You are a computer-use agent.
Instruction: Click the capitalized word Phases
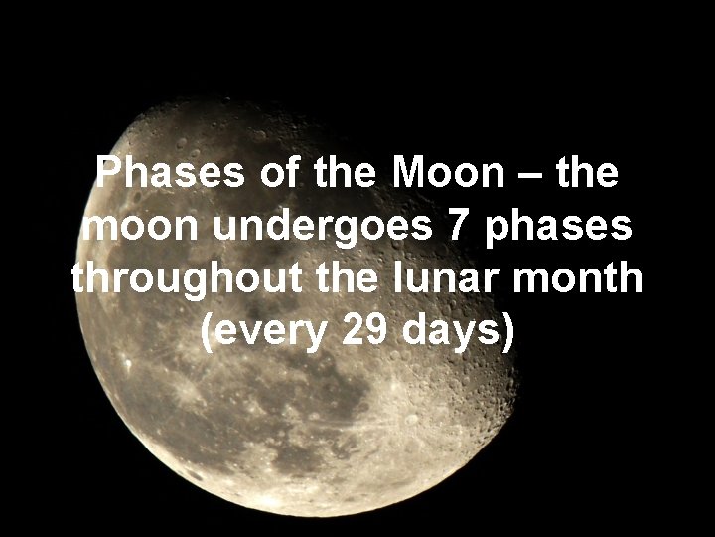[171, 174]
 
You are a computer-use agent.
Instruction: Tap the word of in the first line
[282, 174]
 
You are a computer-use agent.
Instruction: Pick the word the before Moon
[345, 174]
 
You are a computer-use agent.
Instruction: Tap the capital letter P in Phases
[109, 174]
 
